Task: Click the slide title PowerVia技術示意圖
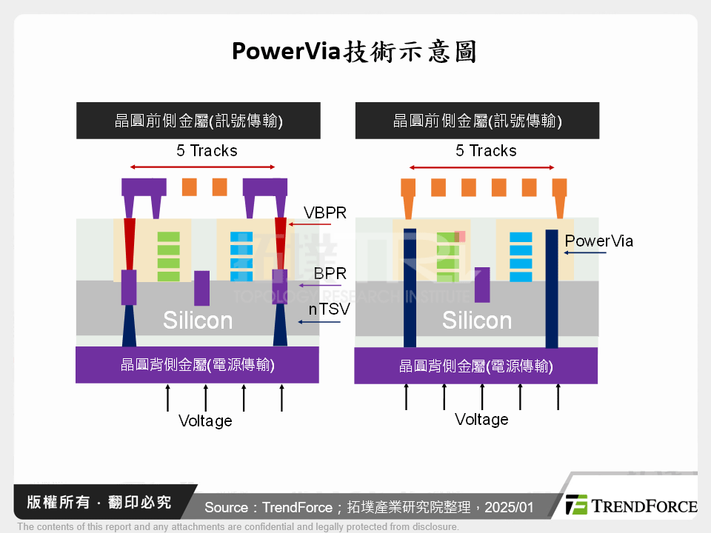pos(354,52)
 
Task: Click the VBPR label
pos(325,212)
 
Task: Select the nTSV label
pos(329,309)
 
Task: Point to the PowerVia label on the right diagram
pos(598,241)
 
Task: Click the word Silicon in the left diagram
pos(198,321)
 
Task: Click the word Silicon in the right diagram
pos(477,321)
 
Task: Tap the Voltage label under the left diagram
pos(205,421)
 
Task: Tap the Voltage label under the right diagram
pos(481,420)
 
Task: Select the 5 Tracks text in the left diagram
pos(207,151)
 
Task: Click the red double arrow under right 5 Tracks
pos(481,167)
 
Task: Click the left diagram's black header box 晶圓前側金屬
pos(198,121)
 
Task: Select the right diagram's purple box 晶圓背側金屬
pos(475,366)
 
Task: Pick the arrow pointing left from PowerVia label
pos(585,253)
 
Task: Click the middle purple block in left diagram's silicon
pos(201,288)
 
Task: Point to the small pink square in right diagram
pos(460,236)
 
